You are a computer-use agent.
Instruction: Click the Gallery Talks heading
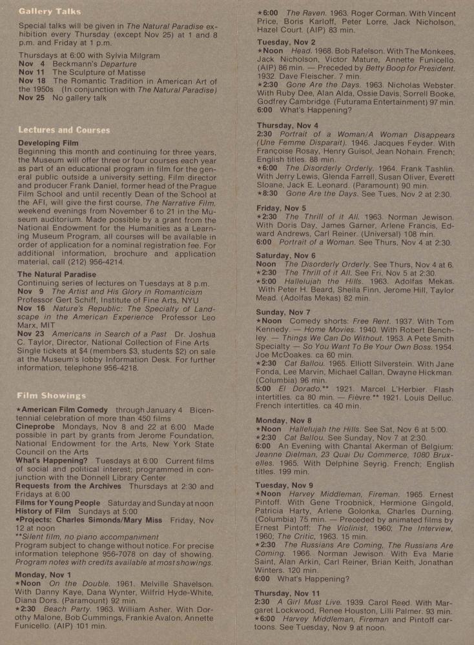coord(50,11)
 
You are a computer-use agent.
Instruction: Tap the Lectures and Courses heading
coord(64,130)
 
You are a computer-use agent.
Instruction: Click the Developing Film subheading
coord(48,143)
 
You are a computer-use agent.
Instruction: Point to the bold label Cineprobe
coord(39,427)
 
